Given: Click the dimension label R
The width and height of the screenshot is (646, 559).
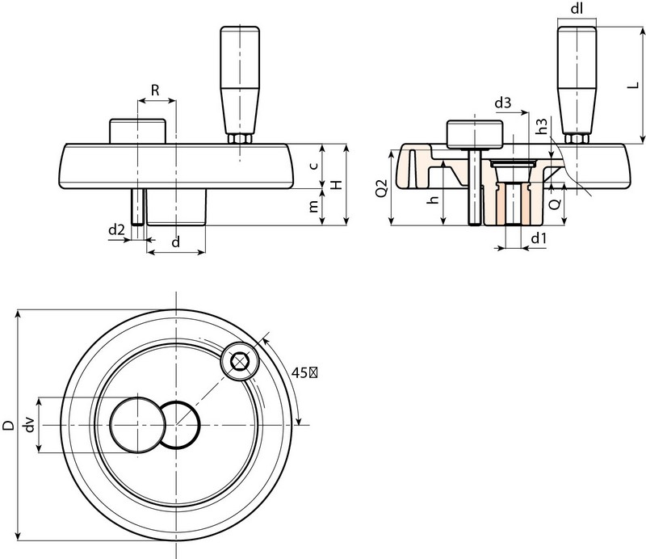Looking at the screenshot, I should [x=153, y=90].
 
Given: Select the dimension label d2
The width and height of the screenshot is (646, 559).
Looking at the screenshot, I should [x=117, y=231].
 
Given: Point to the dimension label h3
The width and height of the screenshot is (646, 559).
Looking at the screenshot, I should [x=543, y=126].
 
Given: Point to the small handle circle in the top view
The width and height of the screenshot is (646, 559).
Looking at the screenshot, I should [x=239, y=360].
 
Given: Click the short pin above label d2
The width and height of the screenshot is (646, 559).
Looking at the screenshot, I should [x=138, y=206].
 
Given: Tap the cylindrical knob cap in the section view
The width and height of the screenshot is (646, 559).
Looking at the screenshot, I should [x=475, y=134].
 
